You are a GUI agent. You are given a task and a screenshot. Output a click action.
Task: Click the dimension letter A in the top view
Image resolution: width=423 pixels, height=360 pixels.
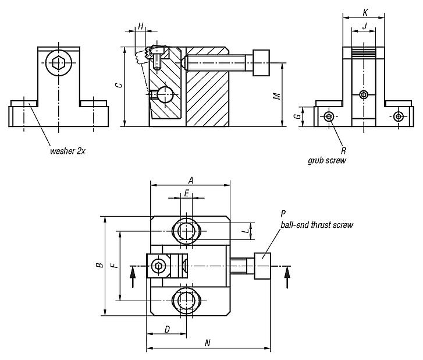pos(190,180)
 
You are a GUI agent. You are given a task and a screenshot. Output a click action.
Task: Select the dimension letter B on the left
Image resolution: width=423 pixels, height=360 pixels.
pos(99,265)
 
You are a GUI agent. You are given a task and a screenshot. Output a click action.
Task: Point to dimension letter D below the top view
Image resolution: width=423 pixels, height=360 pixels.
pos(167,330)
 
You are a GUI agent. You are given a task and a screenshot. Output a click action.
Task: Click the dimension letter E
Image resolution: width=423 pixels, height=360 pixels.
pos(186,192)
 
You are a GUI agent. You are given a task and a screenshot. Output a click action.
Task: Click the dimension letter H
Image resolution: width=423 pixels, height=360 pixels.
pos(140,26)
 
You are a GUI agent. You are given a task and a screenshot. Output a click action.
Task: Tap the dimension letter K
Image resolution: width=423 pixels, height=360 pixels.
pos(364,12)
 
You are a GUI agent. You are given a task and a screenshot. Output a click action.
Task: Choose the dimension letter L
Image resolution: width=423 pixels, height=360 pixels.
pos(247,231)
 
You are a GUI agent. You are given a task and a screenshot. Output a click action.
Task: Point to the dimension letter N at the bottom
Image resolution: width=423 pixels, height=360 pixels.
pos(208,343)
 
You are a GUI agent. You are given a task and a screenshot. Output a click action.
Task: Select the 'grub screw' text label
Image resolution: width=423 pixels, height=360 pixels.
pos(327,159)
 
